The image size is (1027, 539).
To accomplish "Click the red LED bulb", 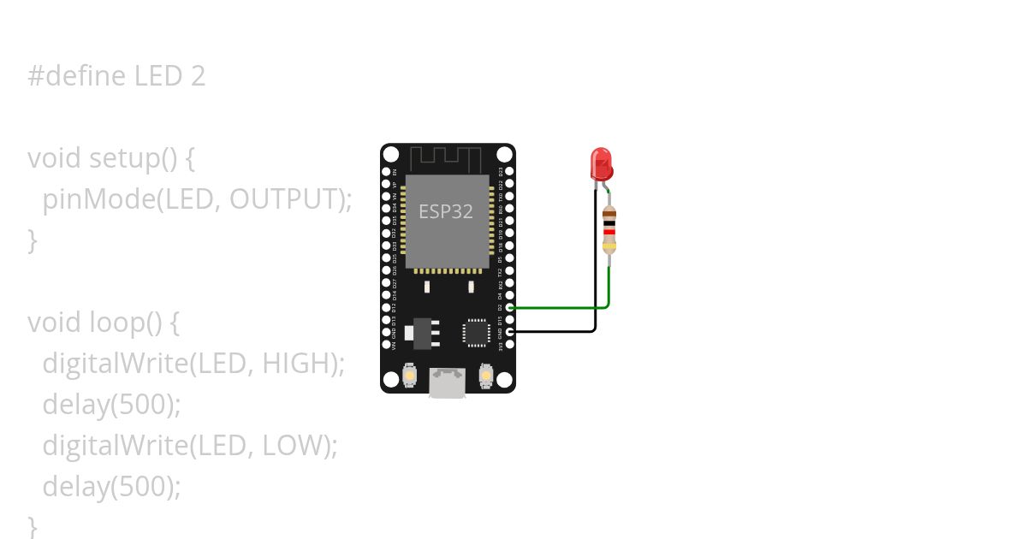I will point(601,163).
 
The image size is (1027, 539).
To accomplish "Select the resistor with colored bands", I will point(608,229).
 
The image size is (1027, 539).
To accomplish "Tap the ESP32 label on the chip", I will point(445,211).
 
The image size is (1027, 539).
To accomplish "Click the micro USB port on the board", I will point(447,382).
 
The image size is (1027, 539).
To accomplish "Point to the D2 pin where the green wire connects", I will point(510,307).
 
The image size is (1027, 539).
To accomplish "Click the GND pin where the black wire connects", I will point(510,331).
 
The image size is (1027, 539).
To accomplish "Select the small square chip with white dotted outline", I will point(475,332).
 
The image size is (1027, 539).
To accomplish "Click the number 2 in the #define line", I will point(197,76).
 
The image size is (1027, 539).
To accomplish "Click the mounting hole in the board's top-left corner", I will point(391,155).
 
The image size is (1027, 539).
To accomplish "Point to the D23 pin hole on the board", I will point(510,171).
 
